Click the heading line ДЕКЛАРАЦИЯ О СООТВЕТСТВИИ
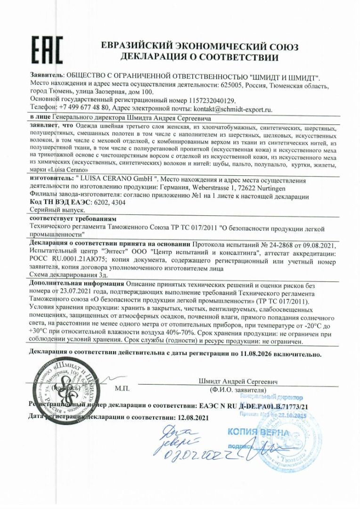pyautogui.click(x=199, y=57)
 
